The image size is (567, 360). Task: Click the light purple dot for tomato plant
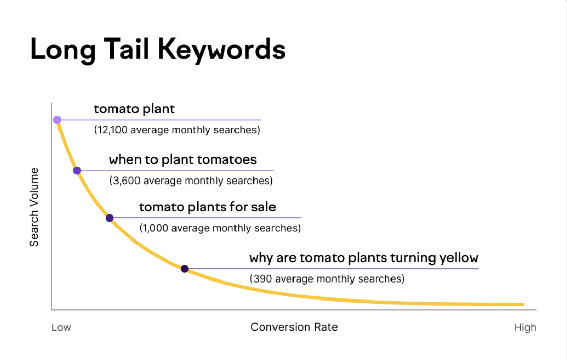click(x=57, y=120)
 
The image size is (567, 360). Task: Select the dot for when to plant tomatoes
click(x=77, y=171)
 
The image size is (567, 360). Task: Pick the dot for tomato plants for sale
click(x=109, y=218)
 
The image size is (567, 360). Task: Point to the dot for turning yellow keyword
click(x=185, y=269)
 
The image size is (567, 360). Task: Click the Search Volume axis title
click(x=34, y=207)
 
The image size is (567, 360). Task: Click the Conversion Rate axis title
click(x=294, y=327)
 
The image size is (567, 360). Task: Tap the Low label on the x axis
click(x=61, y=327)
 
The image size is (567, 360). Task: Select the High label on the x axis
click(x=525, y=327)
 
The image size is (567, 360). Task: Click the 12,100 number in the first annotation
click(x=112, y=130)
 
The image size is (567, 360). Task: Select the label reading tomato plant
click(x=134, y=109)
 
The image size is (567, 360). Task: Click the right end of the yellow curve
click(x=522, y=304)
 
